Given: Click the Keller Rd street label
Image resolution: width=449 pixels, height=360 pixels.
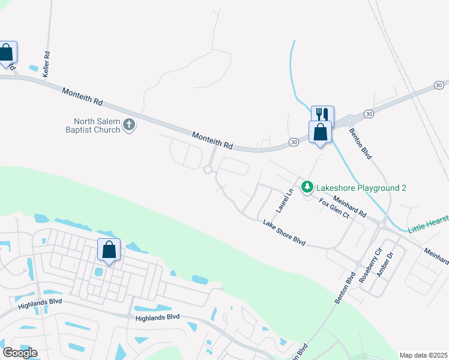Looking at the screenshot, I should click(46, 64).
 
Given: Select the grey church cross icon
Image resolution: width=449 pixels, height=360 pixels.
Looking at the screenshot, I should click(128, 125).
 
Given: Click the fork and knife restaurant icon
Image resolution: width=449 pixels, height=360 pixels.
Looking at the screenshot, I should click(322, 114).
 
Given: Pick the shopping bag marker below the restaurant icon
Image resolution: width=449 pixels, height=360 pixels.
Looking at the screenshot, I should click(320, 131).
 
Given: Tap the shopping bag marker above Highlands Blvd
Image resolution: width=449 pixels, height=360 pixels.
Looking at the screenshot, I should click(109, 249).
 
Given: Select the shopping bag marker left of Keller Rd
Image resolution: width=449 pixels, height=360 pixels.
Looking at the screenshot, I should click(7, 52).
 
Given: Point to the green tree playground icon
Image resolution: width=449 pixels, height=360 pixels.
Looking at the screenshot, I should click(307, 187).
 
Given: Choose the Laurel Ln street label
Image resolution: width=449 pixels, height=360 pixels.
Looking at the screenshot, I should click(284, 201).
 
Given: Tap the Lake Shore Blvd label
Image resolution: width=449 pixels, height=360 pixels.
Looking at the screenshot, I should click(285, 233).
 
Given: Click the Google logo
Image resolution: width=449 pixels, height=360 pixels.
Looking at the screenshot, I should click(20, 352).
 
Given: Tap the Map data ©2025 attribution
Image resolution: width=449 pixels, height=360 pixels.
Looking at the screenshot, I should click(423, 355).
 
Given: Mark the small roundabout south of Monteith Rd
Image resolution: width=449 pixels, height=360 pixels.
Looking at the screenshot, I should click(208, 170).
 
